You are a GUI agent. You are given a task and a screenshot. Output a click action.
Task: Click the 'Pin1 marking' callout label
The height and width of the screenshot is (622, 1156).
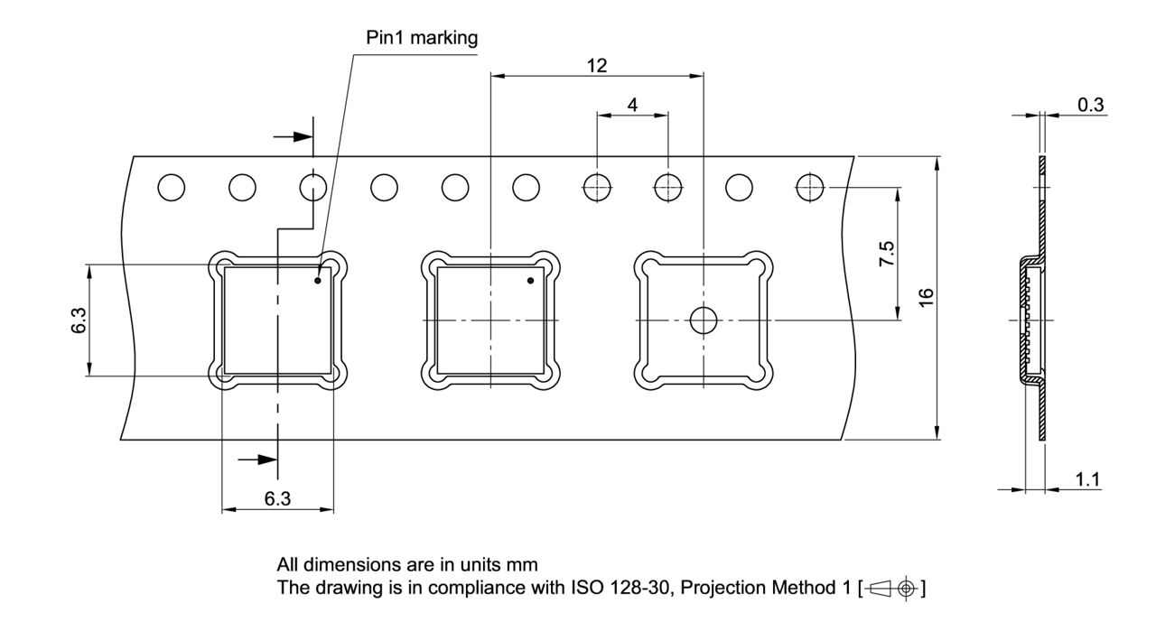click(422, 38)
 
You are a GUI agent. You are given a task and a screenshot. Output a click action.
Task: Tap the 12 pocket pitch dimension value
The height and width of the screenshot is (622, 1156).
click(597, 66)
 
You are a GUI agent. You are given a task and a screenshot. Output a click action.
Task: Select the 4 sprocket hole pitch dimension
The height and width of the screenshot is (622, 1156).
click(632, 106)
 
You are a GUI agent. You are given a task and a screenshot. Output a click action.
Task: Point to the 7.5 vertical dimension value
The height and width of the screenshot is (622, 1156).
click(887, 254)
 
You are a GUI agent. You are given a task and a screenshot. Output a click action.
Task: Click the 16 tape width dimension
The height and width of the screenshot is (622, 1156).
click(927, 298)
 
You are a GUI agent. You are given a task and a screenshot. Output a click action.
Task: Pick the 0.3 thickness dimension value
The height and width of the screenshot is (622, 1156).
click(1090, 105)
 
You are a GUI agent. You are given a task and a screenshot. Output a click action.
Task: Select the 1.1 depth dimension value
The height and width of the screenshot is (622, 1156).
click(1087, 479)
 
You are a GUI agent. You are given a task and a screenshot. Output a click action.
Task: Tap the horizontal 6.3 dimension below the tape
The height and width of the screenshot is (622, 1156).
click(277, 498)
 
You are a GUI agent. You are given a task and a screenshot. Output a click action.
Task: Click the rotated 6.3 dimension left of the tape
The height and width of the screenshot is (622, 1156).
click(79, 320)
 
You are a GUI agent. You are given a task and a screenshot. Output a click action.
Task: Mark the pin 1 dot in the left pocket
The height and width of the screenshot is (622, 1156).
click(318, 281)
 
